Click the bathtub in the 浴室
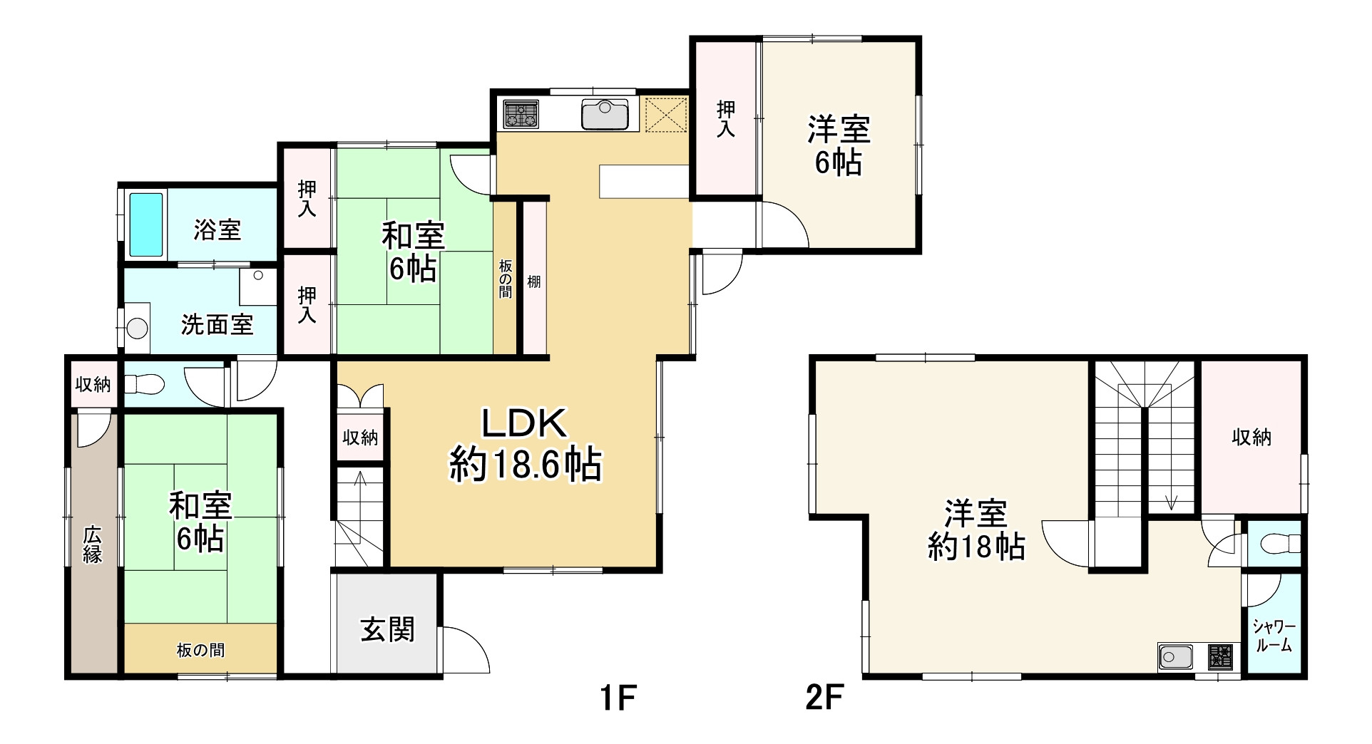click(147, 223)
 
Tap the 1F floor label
click(617, 698)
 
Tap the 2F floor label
click(825, 698)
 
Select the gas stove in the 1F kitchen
click(521, 114)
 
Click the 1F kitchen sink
click(605, 113)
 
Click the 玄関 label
click(387, 629)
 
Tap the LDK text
click(525, 423)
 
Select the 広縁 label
click(93, 544)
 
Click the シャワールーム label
click(1274, 636)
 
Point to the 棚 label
click(533, 281)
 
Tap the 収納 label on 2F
click(1251, 437)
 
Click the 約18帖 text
click(976, 547)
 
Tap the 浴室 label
click(217, 229)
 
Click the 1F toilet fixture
click(144, 385)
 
